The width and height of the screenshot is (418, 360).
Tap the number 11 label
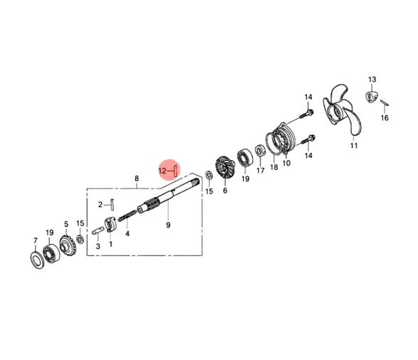(x=354, y=146)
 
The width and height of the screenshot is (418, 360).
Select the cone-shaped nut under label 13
(x=370, y=96)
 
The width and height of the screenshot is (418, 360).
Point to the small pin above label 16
(x=385, y=102)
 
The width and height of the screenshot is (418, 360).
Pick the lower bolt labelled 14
(x=308, y=139)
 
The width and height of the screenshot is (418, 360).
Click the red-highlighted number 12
(x=162, y=171)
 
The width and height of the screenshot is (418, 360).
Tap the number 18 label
(x=274, y=167)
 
